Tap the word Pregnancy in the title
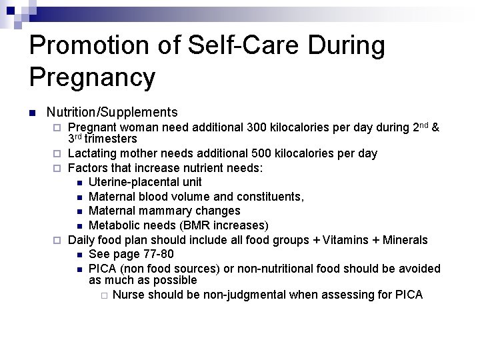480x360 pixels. coord(92,77)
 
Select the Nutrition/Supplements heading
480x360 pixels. coord(112,112)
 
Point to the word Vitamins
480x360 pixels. coord(351,240)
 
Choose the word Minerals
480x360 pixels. coord(405,240)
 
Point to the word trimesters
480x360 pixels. coord(111,139)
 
